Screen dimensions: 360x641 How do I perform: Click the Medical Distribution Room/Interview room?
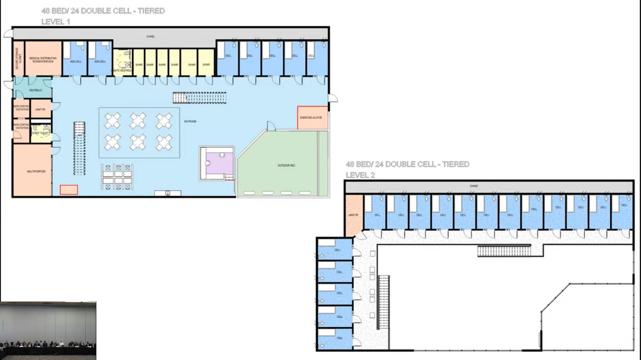pos(43,59)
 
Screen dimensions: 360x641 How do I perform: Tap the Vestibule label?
pos(35,90)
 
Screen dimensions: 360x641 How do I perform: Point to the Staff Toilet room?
pos(41,133)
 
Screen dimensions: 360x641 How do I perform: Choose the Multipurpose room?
pos(33,171)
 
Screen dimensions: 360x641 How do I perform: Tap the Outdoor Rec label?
pos(286,165)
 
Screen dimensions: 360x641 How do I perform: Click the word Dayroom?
pos(190,121)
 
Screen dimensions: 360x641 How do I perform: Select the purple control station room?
pos(219,163)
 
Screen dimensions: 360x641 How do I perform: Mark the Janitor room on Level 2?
pos(353,215)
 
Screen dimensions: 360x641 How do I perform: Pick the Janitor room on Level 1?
pos(40,109)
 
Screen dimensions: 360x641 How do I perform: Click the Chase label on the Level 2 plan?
pos(474,186)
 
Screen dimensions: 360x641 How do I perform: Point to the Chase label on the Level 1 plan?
pos(150,36)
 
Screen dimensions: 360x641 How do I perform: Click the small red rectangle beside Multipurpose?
pos(69,190)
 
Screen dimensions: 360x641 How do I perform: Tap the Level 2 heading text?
pos(360,175)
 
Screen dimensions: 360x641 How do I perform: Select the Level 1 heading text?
pos(56,22)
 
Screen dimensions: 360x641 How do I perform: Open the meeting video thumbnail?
pos(48,331)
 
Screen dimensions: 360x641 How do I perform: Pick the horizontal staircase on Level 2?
pos(504,251)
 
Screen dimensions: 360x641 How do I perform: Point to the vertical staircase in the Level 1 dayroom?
pos(79,149)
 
